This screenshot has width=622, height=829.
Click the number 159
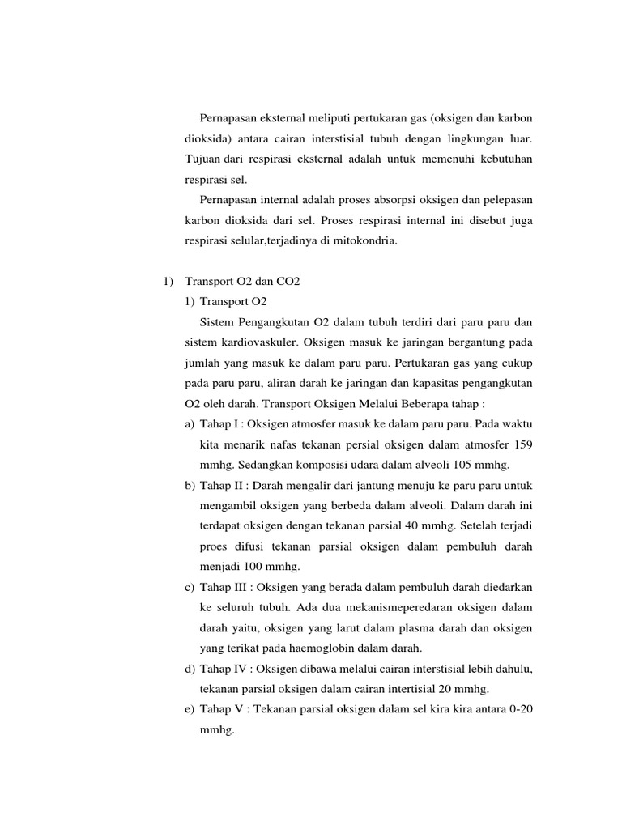click(x=522, y=444)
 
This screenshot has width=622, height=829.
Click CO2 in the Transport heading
click(x=288, y=281)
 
